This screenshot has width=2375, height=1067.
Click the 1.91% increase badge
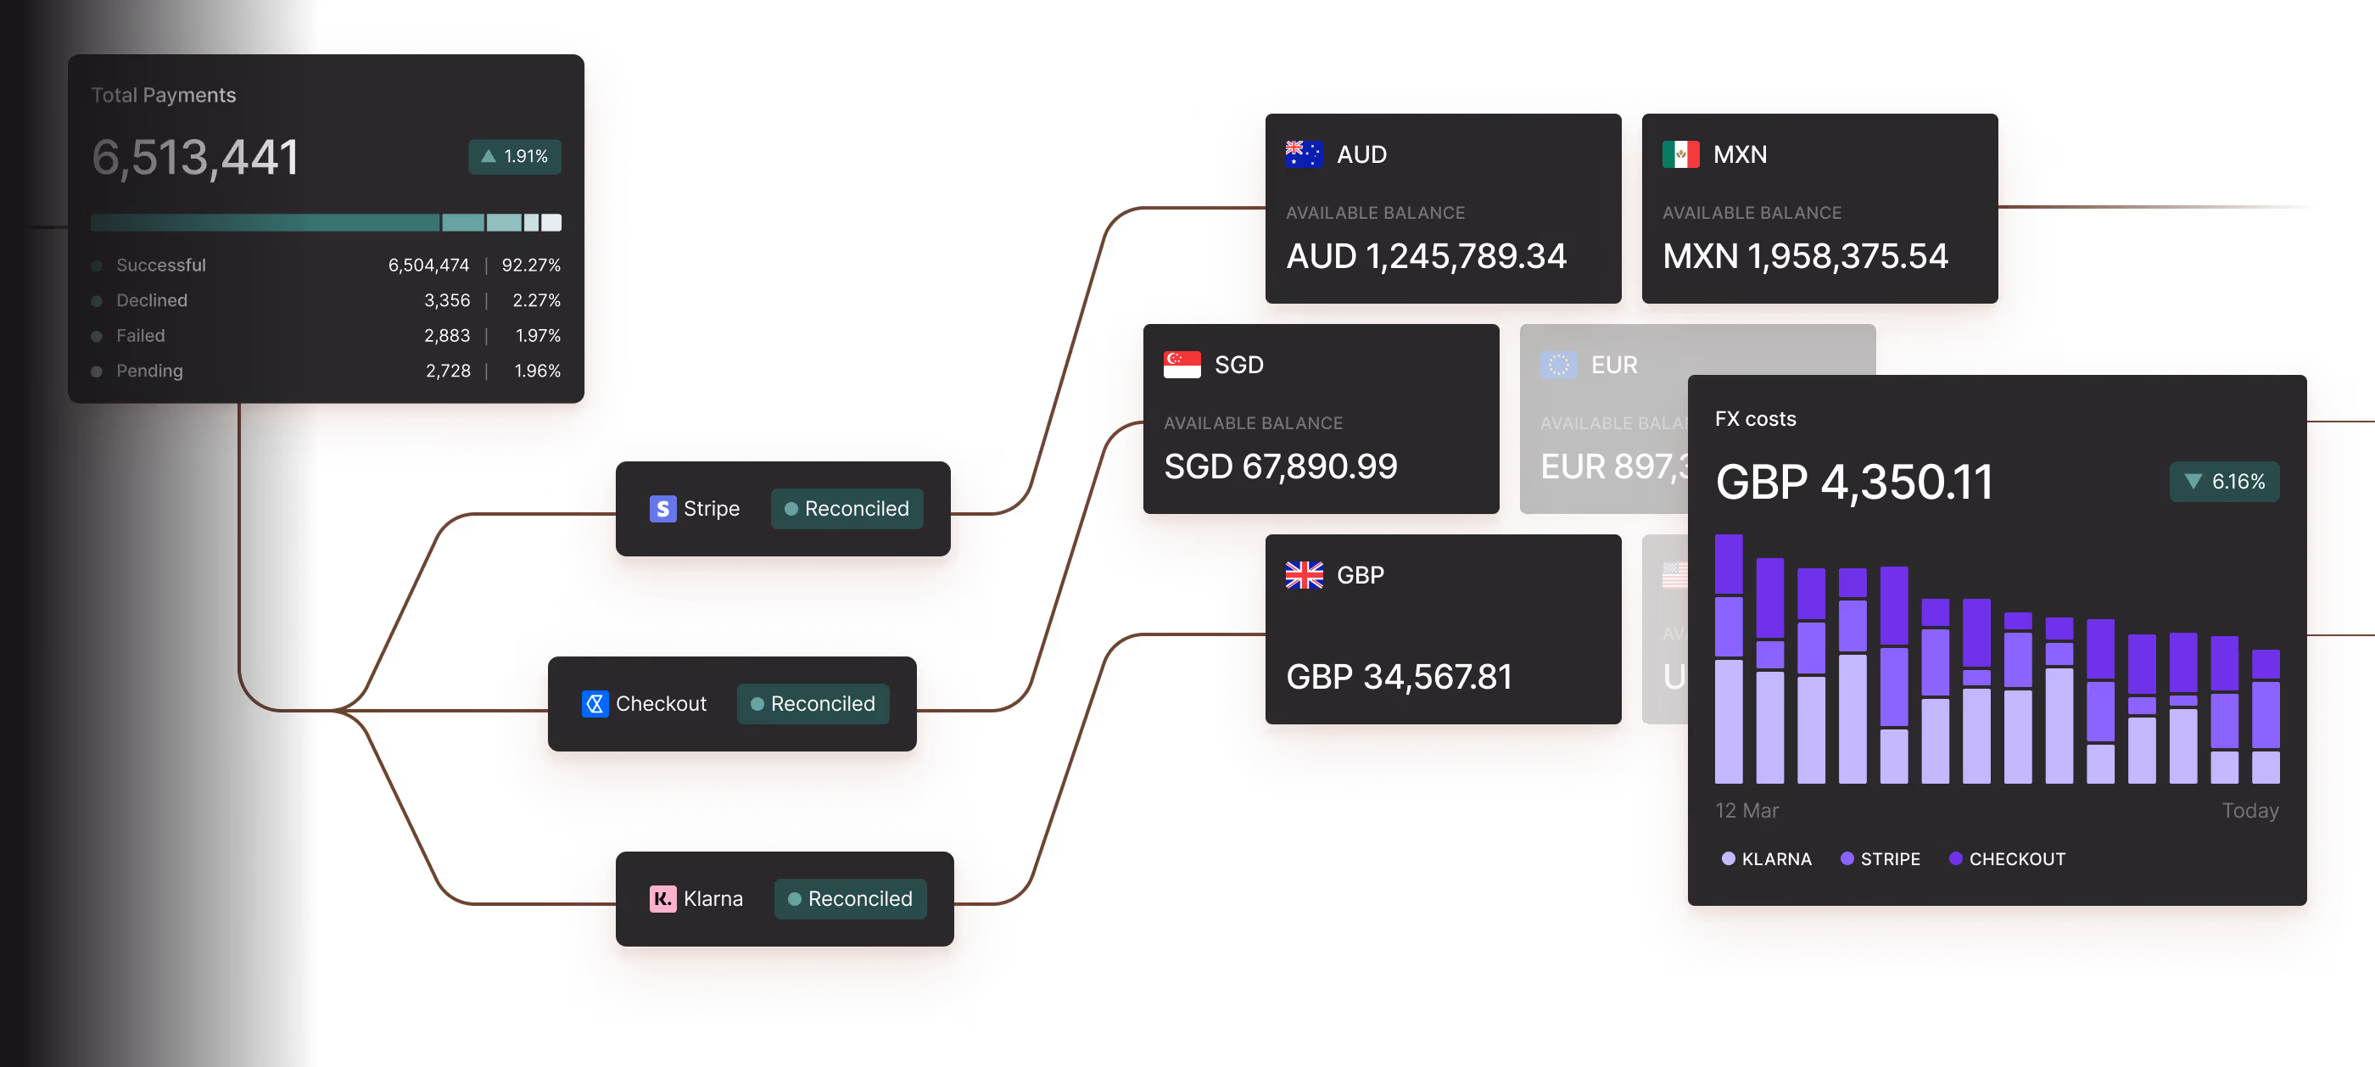(x=515, y=157)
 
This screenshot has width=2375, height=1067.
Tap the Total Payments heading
(x=163, y=95)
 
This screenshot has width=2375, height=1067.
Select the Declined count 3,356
(x=446, y=300)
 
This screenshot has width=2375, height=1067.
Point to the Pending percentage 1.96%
(x=537, y=371)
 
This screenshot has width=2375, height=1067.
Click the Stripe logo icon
(x=662, y=509)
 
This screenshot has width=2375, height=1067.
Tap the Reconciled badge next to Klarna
(x=850, y=899)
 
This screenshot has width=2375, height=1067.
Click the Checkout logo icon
(x=595, y=704)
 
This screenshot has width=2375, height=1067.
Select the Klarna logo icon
(x=662, y=899)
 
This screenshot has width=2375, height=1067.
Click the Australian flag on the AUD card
(x=1304, y=154)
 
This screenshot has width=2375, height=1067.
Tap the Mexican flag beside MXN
(x=1679, y=154)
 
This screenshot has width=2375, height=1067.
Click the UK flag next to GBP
(x=1304, y=575)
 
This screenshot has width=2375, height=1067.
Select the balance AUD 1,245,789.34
(x=1425, y=256)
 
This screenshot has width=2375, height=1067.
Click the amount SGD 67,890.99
(x=1280, y=466)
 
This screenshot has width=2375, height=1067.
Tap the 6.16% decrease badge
(x=2224, y=482)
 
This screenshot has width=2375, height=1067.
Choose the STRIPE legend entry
(x=1880, y=859)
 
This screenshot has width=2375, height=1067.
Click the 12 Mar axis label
(x=1746, y=811)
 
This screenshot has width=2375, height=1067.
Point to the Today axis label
(x=2249, y=811)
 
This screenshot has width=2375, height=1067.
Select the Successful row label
(x=160, y=265)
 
